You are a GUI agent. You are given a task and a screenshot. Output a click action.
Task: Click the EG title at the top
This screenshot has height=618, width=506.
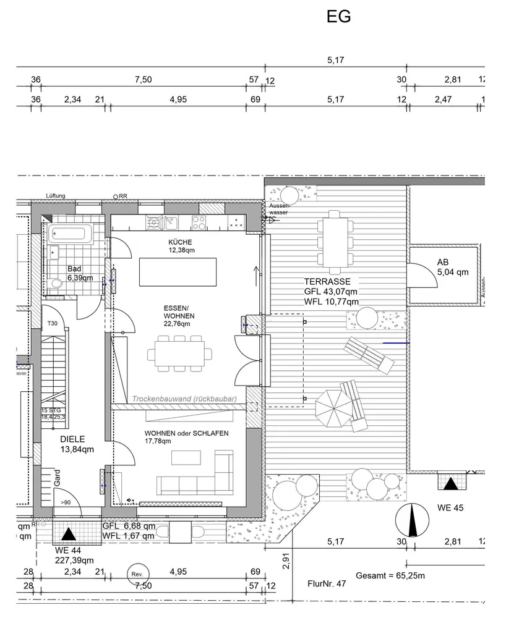338,17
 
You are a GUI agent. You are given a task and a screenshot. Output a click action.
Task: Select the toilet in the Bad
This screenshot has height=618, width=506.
58,284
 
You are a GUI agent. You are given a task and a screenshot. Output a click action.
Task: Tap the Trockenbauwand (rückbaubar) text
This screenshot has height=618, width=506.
185,400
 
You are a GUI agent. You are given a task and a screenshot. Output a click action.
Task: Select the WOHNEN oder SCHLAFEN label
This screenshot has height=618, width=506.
187,433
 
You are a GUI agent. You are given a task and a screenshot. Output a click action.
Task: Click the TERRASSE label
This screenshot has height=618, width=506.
331,281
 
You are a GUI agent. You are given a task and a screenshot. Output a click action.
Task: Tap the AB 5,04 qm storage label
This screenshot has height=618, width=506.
452,266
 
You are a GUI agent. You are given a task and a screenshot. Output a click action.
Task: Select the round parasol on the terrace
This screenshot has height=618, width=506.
335,407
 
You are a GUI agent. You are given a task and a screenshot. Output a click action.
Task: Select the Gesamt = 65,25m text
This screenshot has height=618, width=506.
390,575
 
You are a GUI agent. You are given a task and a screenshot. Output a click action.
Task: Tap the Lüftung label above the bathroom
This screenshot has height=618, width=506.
56,196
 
